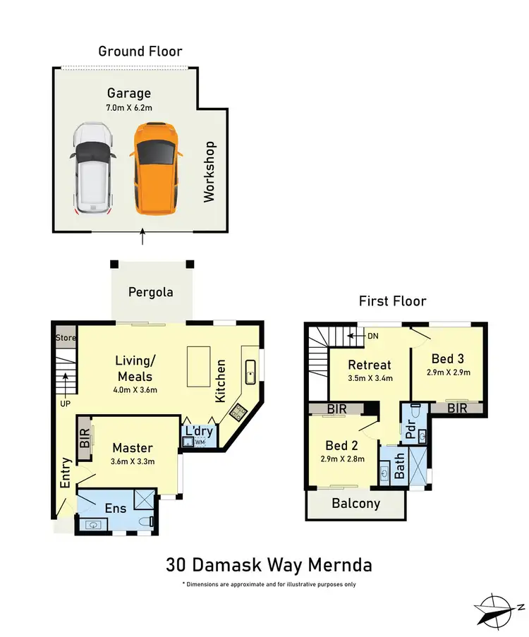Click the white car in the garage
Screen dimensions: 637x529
coord(93,169)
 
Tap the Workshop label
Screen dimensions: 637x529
coord(209,172)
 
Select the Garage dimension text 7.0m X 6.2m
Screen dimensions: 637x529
coord(129,107)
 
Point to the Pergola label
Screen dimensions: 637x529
coord(150,292)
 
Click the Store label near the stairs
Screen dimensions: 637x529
coord(65,338)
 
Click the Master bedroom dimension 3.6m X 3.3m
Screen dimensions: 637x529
coord(133,462)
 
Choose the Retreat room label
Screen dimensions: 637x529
coord(370,365)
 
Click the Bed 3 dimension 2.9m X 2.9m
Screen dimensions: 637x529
coord(448,372)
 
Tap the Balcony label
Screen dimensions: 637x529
coord(356,504)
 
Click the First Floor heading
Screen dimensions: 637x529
coord(392,301)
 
